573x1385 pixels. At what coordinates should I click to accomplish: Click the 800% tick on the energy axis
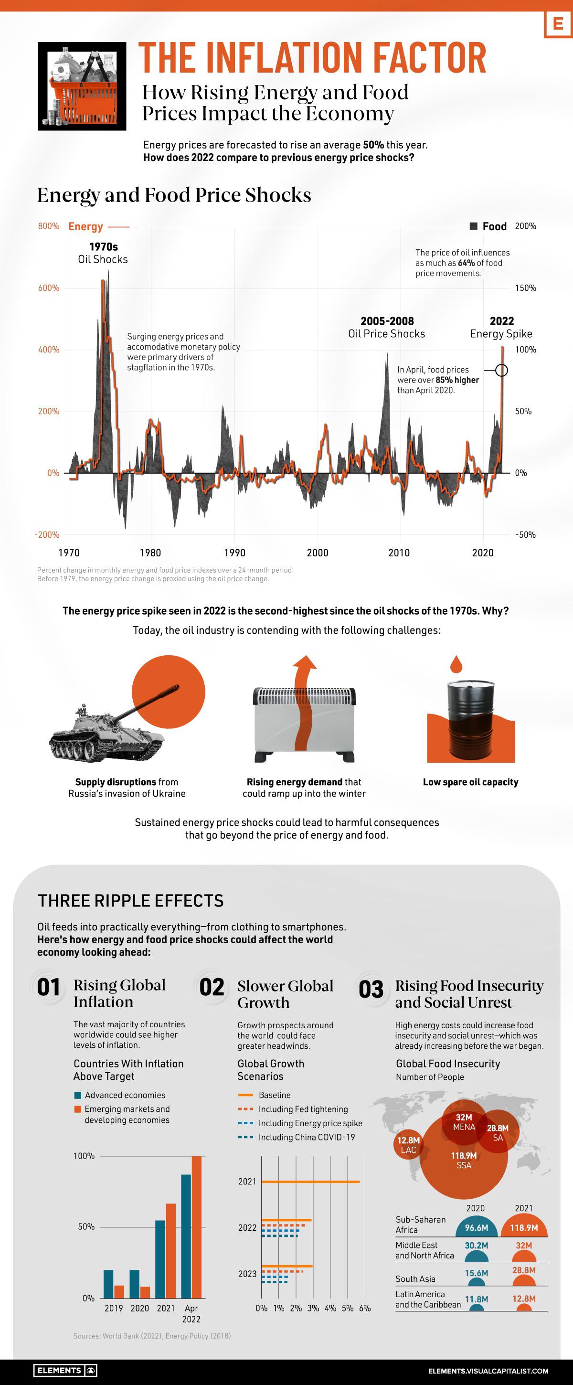point(48,226)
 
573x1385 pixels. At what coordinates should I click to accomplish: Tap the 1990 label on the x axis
point(234,553)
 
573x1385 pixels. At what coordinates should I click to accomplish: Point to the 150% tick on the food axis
point(525,288)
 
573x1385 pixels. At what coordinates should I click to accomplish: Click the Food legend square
point(474,226)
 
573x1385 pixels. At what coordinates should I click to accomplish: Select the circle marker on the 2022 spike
point(501,371)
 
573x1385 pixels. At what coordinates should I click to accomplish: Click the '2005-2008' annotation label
point(387,321)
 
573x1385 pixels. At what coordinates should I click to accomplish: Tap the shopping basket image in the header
point(82,86)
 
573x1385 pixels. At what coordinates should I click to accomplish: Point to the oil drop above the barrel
point(456,664)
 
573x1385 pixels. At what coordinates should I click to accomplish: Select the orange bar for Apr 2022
point(196,1227)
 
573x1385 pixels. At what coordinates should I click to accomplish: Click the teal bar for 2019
point(108,1284)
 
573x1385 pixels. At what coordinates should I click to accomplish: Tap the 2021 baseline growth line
point(310,1182)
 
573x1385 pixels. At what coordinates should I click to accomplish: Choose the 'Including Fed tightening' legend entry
point(303,1109)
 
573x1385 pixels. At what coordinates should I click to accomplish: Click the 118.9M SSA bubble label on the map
point(463,1160)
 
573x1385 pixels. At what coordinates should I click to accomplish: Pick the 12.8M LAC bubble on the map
point(408,1145)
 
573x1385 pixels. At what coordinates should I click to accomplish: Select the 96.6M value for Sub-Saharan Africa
point(476,1228)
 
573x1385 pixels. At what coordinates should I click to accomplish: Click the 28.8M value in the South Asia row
point(523,1270)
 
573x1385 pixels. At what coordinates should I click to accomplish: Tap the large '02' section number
point(212,987)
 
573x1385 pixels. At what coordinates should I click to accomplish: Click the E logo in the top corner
point(558,24)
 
